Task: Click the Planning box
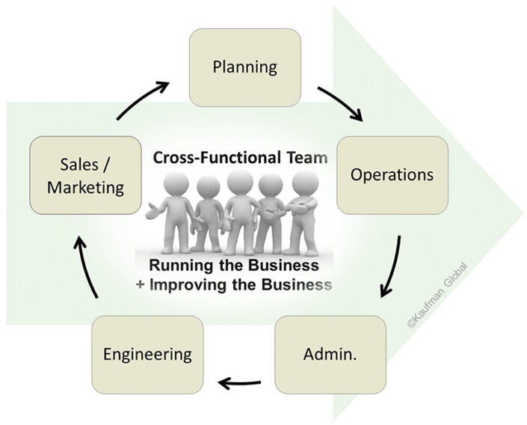pos(245,67)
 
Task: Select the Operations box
pos(392,175)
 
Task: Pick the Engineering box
pos(147,352)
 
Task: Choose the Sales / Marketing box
pos(85,175)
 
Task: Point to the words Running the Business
pos(233,266)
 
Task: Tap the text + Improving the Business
pos(233,285)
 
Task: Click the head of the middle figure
pos(239,182)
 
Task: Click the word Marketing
pos(85,186)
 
